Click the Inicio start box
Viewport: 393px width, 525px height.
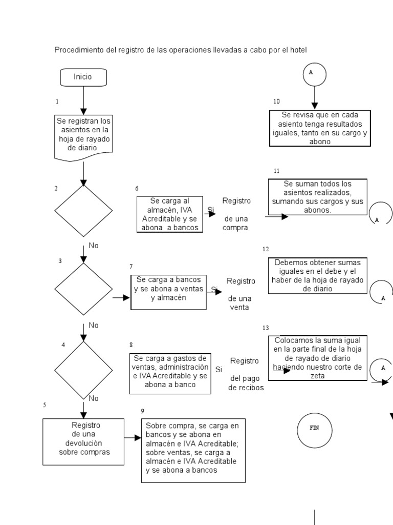83,77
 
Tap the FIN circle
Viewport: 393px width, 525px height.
314,428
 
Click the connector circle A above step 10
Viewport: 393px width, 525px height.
314,73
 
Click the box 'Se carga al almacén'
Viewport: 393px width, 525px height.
169,215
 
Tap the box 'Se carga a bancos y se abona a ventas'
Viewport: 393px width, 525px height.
169,292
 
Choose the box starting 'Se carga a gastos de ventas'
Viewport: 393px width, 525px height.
170,372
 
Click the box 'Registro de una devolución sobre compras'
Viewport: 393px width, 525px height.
83,441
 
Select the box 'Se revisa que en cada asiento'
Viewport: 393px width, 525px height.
320,128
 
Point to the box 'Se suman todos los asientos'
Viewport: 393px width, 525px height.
317,196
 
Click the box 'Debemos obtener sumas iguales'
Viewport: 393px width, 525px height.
317,275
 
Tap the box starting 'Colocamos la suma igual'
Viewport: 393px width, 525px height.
317,358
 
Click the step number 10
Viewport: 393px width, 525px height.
277,101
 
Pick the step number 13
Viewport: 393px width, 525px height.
265,328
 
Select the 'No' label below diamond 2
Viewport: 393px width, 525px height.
94,246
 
